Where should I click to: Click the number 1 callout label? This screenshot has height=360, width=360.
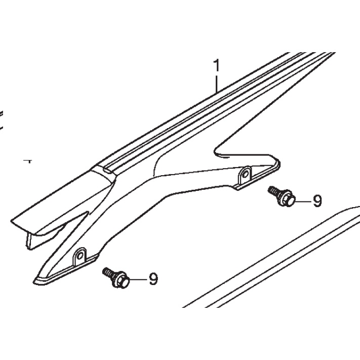coord(217,65)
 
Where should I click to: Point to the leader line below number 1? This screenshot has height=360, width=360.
coord(217,83)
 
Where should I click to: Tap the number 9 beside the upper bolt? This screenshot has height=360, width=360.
coord(317,202)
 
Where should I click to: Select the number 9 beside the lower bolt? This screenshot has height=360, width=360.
coord(153,279)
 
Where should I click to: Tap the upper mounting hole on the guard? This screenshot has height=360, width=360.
coord(246,175)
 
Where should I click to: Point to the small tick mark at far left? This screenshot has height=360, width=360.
coord(29,161)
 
